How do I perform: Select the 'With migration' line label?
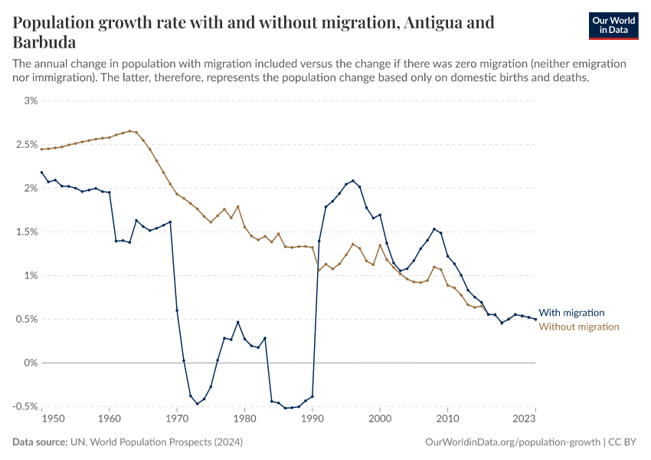click(x=571, y=313)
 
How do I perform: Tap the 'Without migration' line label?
click(x=579, y=327)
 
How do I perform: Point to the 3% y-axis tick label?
click(x=31, y=100)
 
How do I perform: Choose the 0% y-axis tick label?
click(x=31, y=363)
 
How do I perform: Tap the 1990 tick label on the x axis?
click(x=312, y=419)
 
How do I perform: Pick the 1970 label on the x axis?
click(x=177, y=419)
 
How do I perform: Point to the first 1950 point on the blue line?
click(x=41, y=172)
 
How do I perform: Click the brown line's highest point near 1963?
click(x=129, y=131)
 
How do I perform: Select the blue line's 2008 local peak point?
click(x=434, y=228)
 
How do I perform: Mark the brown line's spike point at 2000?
click(x=380, y=245)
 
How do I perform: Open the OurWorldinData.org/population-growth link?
click(x=512, y=442)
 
